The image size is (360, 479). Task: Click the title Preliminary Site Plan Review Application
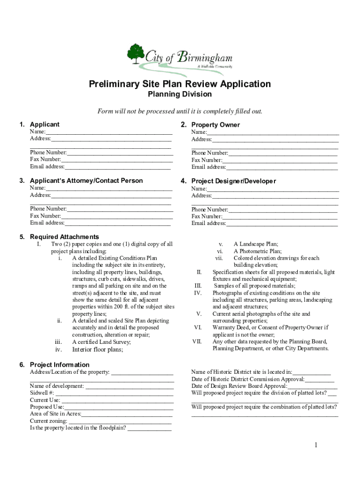point(180,84)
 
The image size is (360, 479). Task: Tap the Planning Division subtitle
point(180,94)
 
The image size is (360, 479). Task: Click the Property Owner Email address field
point(282,167)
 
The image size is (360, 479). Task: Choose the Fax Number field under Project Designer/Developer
point(280,217)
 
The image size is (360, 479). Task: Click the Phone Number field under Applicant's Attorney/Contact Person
point(120,209)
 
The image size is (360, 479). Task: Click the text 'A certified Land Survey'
point(101,342)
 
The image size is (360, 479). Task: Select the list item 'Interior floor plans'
point(98,349)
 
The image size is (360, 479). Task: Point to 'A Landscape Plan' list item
point(256,244)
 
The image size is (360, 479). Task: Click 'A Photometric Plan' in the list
point(258,251)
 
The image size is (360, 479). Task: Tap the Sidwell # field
point(115,393)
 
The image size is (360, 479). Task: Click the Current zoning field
point(120,421)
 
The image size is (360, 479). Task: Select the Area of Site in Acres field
point(127,414)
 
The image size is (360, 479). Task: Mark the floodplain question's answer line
point(149,428)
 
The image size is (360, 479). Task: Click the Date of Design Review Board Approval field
point(312,386)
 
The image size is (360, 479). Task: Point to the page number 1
point(316,445)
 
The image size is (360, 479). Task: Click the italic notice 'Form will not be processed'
point(180,111)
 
